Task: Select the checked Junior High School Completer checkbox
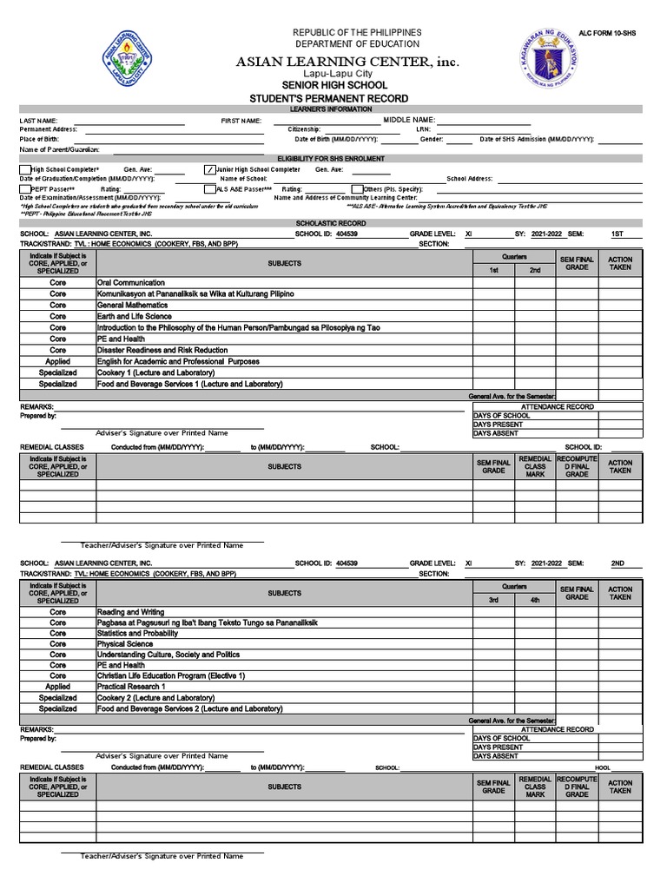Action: (209, 169)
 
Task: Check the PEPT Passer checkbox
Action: (25, 188)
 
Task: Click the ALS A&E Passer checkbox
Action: (209, 188)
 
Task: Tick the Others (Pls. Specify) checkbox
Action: (357, 188)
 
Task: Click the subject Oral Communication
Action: (131, 283)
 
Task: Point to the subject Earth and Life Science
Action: (135, 317)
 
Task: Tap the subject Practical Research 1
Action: (131, 687)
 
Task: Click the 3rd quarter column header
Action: (493, 600)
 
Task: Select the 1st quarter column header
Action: (493, 271)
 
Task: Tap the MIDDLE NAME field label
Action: (410, 120)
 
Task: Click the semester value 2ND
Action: (617, 563)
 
